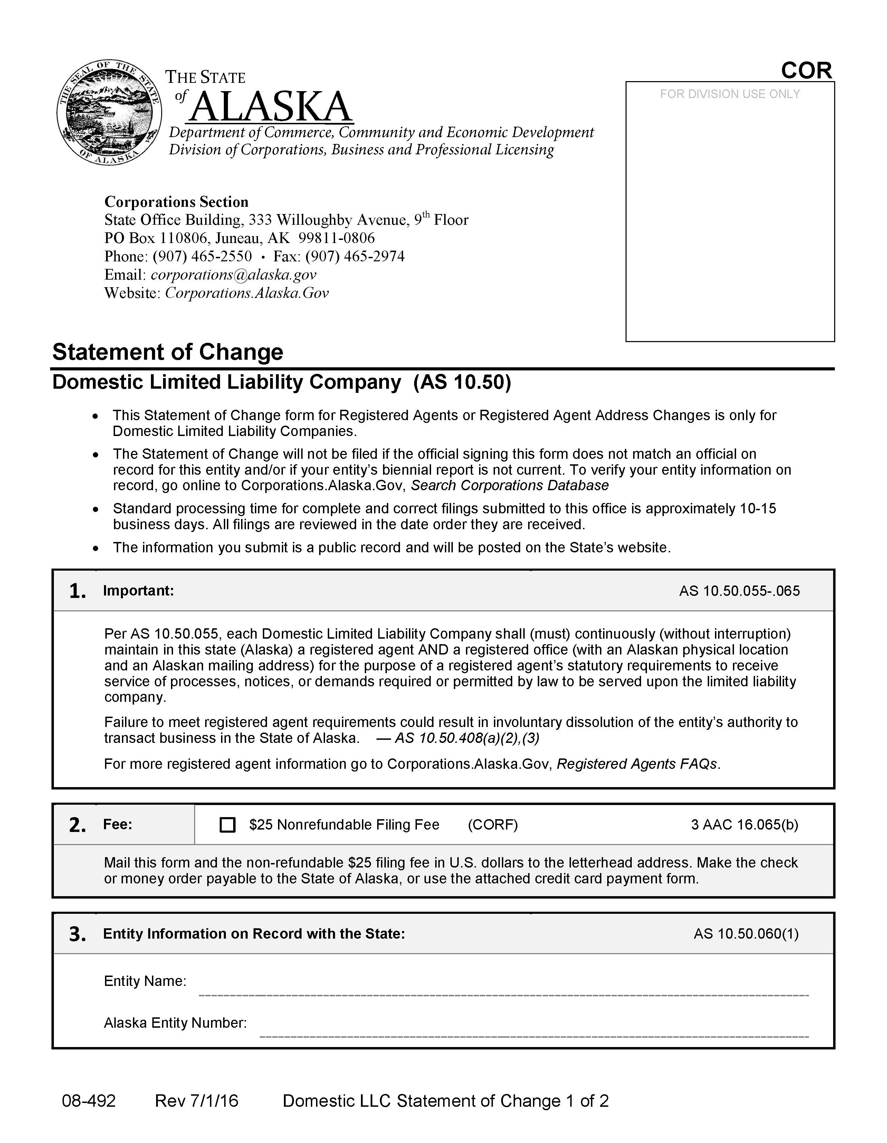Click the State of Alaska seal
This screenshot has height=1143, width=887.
(x=109, y=112)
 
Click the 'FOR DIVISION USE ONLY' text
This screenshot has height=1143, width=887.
(x=729, y=94)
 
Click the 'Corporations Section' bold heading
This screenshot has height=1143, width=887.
(x=177, y=202)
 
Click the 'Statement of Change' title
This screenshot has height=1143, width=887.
(x=168, y=352)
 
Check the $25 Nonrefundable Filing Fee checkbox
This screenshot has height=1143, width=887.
(x=227, y=825)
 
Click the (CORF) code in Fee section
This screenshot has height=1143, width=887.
(x=492, y=825)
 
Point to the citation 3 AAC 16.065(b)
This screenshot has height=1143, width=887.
(x=744, y=825)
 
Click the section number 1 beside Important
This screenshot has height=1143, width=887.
(x=77, y=591)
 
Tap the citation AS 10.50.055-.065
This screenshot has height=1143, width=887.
(x=740, y=591)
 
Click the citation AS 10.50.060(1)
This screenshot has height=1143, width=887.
(x=746, y=934)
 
